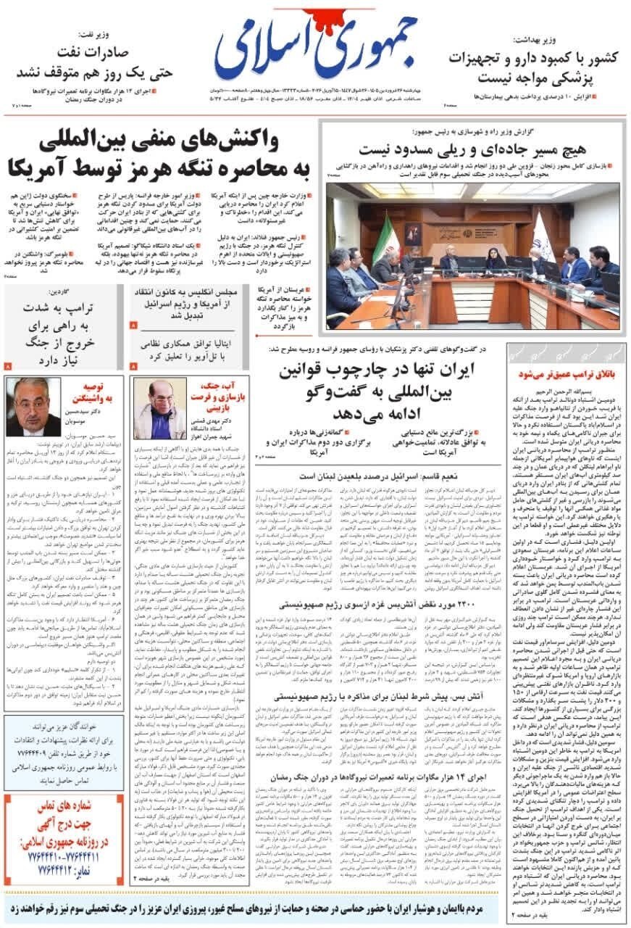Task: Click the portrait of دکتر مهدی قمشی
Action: point(160,408)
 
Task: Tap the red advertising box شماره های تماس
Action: point(63,837)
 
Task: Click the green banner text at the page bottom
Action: point(315,908)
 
